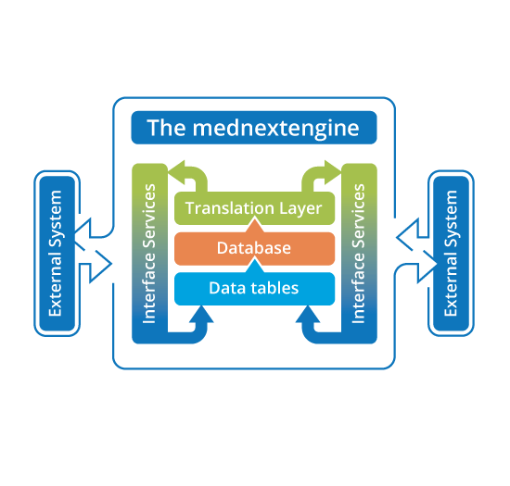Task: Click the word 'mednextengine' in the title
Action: tap(275, 129)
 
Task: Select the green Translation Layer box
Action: tap(254, 208)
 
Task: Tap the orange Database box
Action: tap(254, 248)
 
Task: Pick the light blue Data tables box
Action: tap(254, 289)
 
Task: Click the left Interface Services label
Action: tap(149, 254)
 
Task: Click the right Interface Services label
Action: tap(359, 254)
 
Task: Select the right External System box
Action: tap(452, 254)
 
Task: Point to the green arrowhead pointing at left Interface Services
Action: tap(176, 172)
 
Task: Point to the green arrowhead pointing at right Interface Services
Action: tap(333, 172)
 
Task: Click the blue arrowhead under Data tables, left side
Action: tap(201, 314)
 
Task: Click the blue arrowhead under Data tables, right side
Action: tap(308, 314)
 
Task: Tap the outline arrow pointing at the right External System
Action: tap(423, 267)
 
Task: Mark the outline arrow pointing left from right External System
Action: tap(413, 234)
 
